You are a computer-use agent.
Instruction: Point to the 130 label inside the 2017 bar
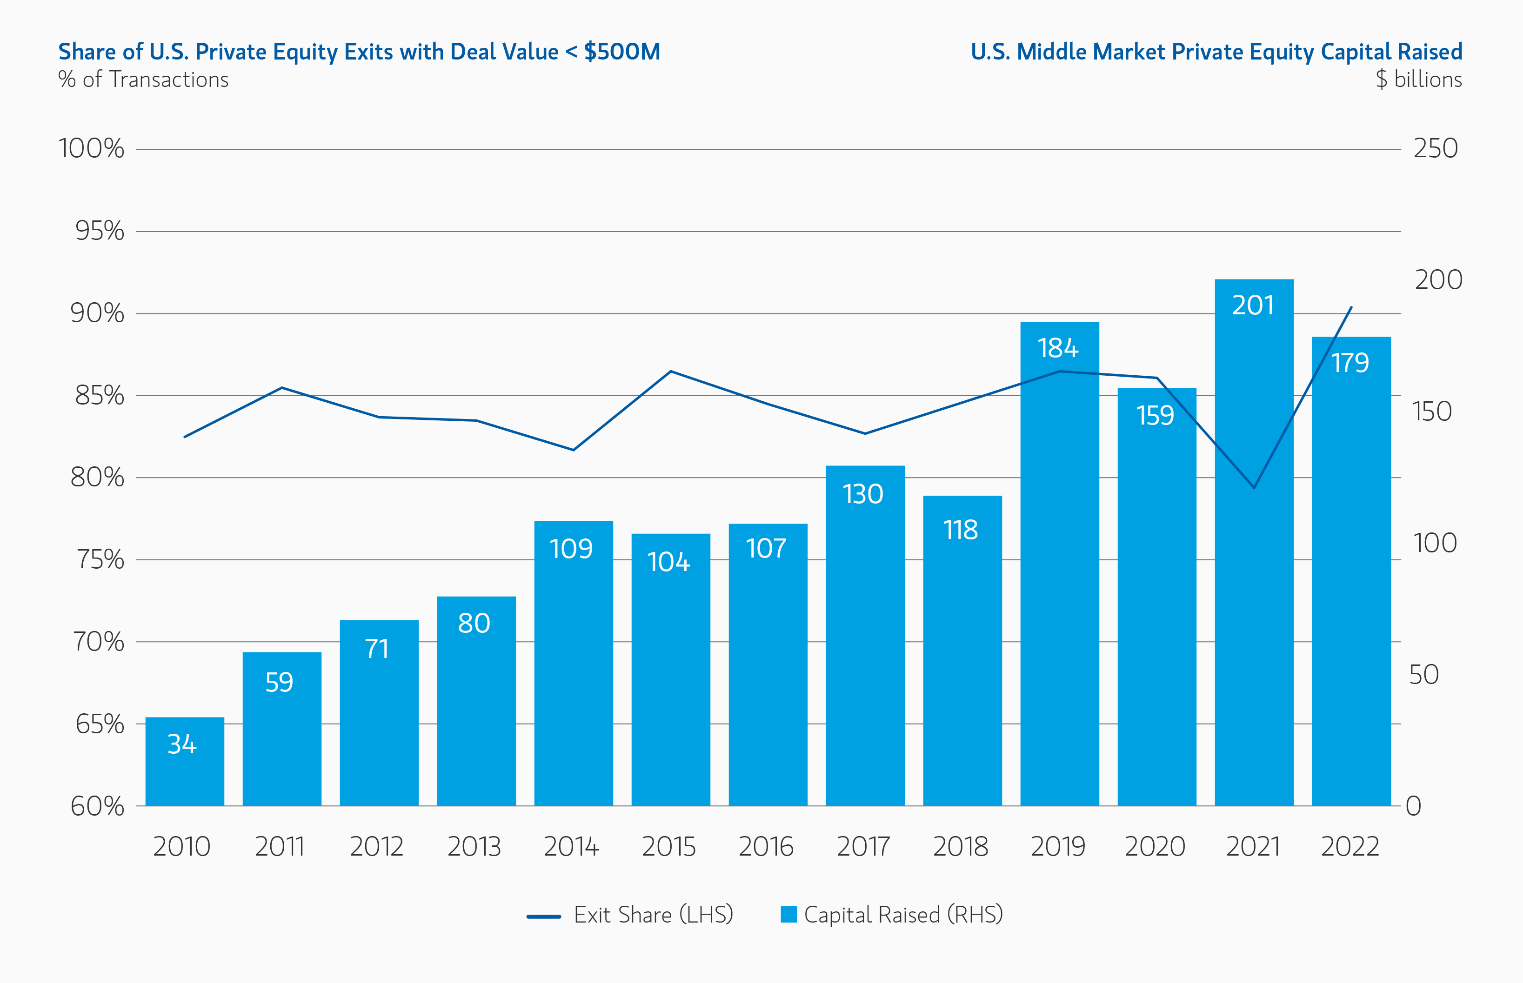(x=863, y=494)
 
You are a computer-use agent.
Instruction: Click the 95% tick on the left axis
(x=100, y=231)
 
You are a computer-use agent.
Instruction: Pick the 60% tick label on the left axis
(x=97, y=806)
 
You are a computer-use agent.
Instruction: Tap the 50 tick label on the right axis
(x=1423, y=675)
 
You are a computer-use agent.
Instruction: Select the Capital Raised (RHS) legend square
(x=788, y=915)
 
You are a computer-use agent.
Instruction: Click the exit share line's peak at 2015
(x=670, y=371)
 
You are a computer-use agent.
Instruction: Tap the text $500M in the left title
(x=621, y=52)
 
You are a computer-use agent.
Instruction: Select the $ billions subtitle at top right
(x=1418, y=80)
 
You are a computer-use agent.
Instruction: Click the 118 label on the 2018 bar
(x=961, y=530)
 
